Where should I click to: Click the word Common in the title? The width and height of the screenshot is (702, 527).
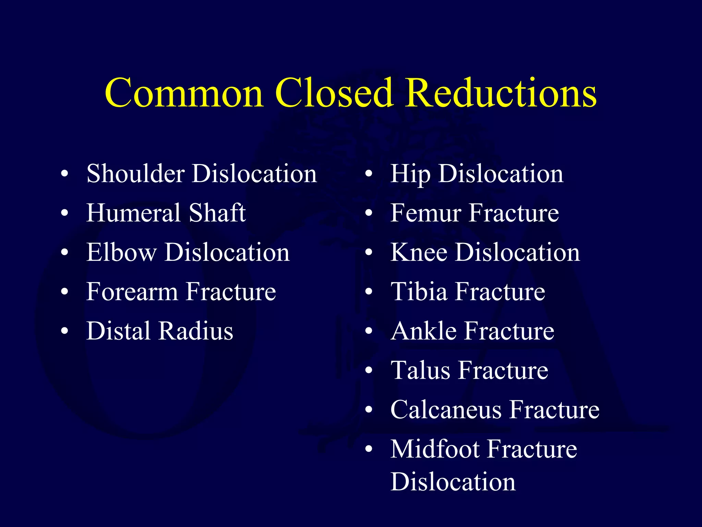(184, 93)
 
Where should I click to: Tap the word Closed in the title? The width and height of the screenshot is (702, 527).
(333, 93)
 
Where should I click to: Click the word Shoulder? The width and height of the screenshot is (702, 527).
(135, 173)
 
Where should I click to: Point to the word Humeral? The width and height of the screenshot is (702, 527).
(133, 213)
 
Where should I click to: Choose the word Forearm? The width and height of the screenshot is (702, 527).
(132, 292)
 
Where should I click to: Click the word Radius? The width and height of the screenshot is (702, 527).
(196, 331)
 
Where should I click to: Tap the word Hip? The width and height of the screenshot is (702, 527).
(410, 174)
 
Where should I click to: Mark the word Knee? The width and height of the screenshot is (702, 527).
(419, 252)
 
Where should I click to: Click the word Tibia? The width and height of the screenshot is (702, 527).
(419, 292)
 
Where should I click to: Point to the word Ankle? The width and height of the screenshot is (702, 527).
(423, 331)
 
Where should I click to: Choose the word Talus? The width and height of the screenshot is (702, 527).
(420, 370)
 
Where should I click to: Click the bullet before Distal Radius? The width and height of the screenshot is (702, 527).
(64, 331)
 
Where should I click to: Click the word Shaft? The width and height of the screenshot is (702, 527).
(217, 213)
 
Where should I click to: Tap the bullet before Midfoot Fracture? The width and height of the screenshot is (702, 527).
(368, 449)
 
